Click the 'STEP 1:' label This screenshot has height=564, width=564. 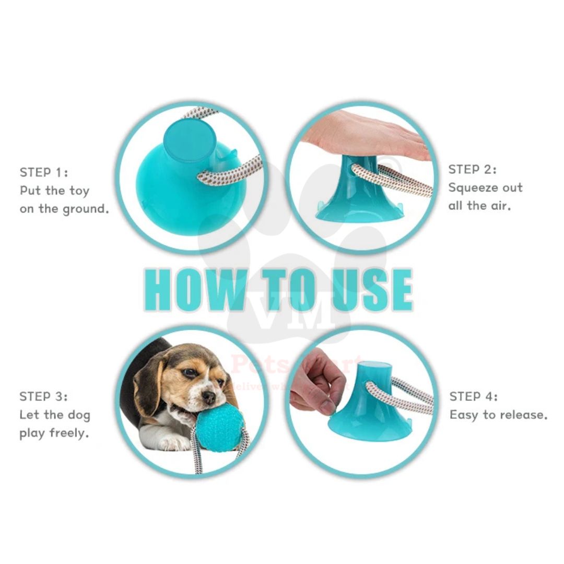click(x=44, y=172)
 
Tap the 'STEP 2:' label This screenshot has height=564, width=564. click(x=473, y=169)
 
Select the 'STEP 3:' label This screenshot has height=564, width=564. click(x=44, y=396)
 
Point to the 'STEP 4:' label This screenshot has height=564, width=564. click(x=474, y=396)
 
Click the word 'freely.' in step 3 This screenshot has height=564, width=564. click(x=69, y=433)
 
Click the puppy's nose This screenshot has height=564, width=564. click(x=209, y=397)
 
